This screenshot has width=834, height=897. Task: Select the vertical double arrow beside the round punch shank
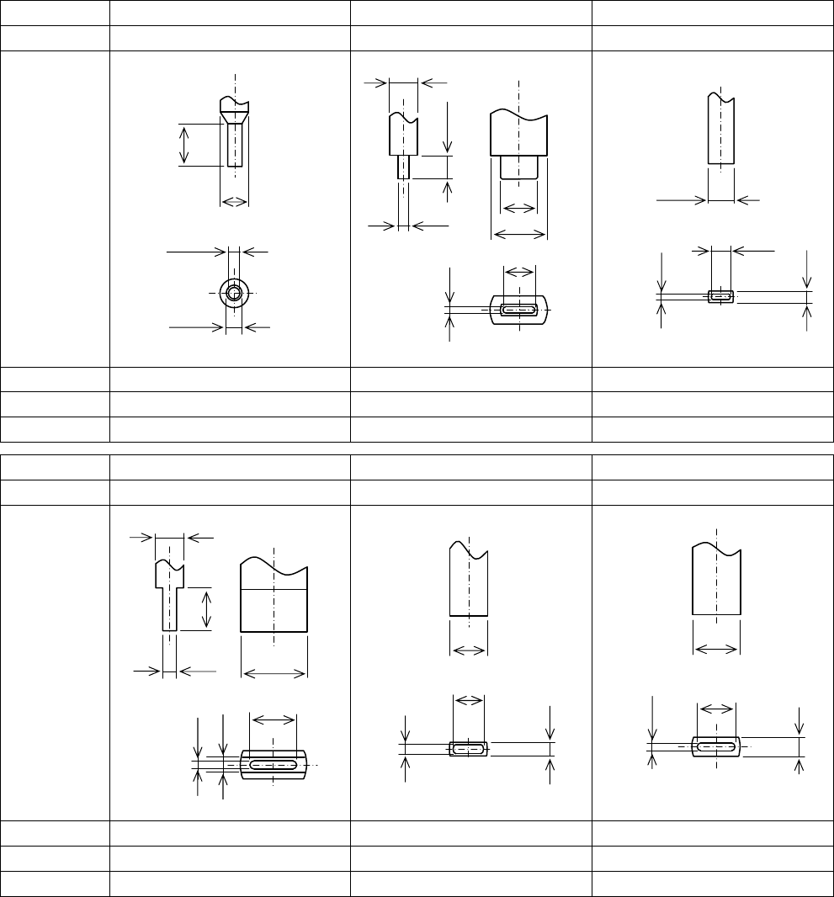point(185,145)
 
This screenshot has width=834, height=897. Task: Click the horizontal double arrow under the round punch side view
point(234,202)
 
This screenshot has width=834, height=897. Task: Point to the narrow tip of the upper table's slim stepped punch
point(404,167)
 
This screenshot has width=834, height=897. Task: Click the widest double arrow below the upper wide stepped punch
point(519,234)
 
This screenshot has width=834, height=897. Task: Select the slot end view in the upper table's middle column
point(519,310)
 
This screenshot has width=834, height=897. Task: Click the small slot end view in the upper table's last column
point(721,296)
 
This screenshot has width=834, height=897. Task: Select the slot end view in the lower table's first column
point(274,764)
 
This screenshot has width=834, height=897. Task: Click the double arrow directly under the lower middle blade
point(469,649)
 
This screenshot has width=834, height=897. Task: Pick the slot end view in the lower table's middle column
point(469,748)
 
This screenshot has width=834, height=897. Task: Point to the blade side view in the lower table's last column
point(716,581)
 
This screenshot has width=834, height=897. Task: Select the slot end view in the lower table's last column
point(716,746)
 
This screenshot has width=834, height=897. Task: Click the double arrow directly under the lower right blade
point(716,649)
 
